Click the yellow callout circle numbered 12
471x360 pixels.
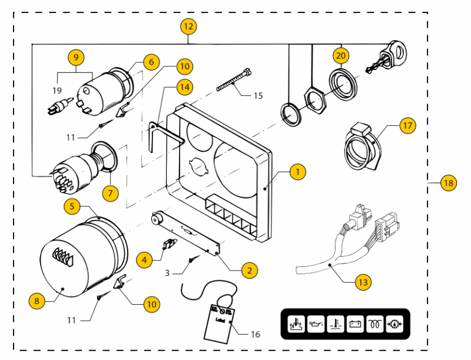coord(188,26)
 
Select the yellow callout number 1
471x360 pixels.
coord(298,172)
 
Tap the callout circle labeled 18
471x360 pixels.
coord(449,184)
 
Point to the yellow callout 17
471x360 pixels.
coord(407,125)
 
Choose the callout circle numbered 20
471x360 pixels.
coord(341,56)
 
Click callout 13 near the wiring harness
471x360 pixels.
coord(363,282)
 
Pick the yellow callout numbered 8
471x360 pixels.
coord(37,301)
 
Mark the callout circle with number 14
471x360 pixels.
coord(185,87)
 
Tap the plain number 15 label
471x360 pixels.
coord(258,95)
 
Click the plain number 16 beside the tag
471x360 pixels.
coord(255,335)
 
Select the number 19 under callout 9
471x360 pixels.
coord(57,91)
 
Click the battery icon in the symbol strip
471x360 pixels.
coord(355,324)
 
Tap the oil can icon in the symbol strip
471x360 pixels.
coord(316,324)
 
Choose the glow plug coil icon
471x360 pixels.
coord(374,324)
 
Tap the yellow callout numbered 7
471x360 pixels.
coord(109,192)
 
